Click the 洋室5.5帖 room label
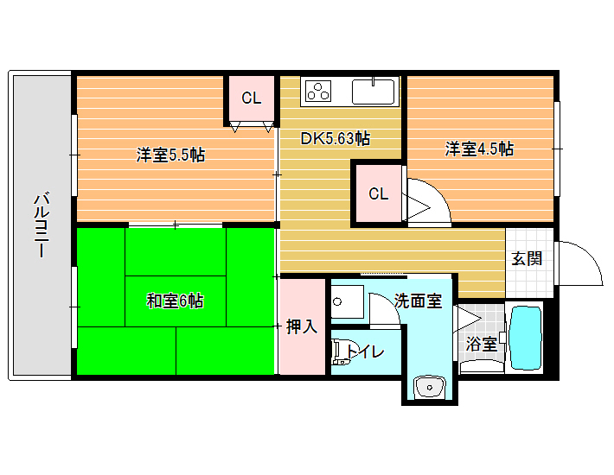tap(170, 155)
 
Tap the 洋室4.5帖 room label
tap(479, 149)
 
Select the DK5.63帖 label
tap(336, 138)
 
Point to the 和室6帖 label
tap(175, 301)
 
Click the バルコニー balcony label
tap(42, 224)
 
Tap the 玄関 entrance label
tap(527, 258)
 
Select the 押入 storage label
tap(302, 326)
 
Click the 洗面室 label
tap(418, 301)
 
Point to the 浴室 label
tap(481, 344)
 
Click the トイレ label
tap(365, 351)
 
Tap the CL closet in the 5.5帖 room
tap(252, 98)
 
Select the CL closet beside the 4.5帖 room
tap(379, 193)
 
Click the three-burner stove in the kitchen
tap(318, 91)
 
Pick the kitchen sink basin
tap(374, 92)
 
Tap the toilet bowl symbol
tap(339, 352)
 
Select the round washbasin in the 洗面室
tap(430, 387)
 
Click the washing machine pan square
tap(348, 301)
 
